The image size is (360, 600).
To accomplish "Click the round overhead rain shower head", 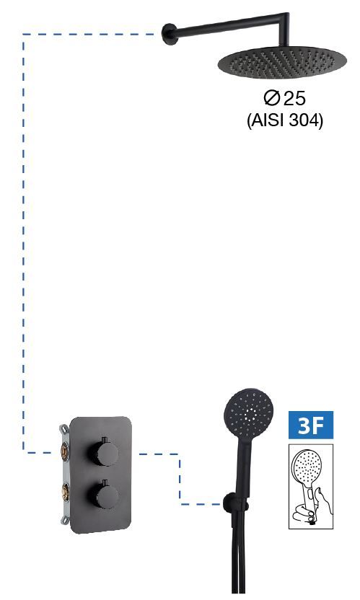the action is pyautogui.click(x=282, y=61).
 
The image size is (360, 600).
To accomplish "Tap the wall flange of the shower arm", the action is pyautogui.click(x=168, y=34).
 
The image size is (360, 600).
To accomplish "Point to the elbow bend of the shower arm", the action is pyautogui.click(x=284, y=17).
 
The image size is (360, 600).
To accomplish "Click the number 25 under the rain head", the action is pyautogui.click(x=294, y=98).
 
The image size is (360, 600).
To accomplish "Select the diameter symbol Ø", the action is pyautogui.click(x=271, y=98).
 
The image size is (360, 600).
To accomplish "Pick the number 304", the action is pyautogui.click(x=303, y=120).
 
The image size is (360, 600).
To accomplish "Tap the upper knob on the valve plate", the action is pyautogui.click(x=104, y=453).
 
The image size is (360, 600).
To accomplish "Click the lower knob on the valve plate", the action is pyautogui.click(x=104, y=495).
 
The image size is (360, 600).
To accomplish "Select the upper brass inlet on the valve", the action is pyautogui.click(x=64, y=451).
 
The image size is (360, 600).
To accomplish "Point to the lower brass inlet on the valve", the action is pyautogui.click(x=66, y=492).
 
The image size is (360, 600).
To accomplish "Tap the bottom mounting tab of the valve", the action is pyautogui.click(x=65, y=520).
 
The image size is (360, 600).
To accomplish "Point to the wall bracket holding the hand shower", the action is pyautogui.click(x=232, y=503).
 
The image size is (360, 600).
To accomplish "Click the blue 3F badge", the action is pyautogui.click(x=311, y=425).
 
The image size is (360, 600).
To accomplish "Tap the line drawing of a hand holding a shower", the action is pyautogui.click(x=311, y=487).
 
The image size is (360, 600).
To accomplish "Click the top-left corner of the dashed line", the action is pyautogui.click(x=23, y=35).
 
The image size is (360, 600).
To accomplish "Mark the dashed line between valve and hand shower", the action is pyautogui.click(x=180, y=479).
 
